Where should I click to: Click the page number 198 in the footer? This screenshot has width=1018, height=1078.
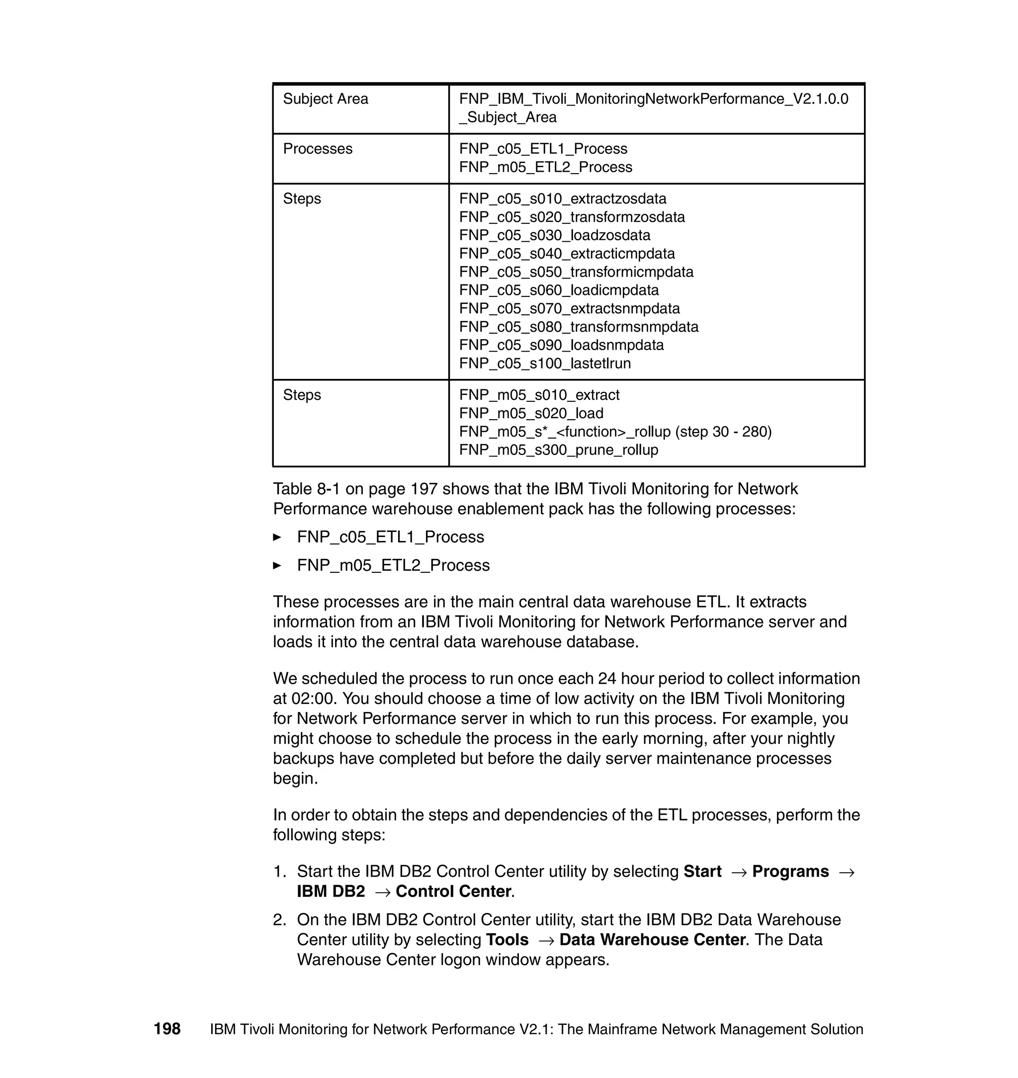167,1029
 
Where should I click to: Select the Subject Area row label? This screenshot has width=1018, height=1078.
325,99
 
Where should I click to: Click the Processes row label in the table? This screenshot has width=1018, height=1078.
318,149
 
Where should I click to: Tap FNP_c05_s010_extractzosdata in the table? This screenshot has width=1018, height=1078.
562,199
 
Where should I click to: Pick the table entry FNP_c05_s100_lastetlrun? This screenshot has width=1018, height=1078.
545,363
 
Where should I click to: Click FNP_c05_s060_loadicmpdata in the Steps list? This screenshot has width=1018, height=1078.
558,290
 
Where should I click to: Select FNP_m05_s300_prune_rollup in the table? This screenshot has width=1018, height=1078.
558,449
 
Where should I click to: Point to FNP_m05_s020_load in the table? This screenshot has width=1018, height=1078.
531,413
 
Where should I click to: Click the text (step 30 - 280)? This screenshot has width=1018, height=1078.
723,432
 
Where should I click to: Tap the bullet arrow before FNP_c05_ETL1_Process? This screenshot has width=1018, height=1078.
277,538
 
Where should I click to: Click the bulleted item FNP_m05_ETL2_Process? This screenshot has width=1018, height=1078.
393,565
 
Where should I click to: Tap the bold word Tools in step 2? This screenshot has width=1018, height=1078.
507,940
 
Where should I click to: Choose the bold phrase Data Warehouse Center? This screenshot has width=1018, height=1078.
652,940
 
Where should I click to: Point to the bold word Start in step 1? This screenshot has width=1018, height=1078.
702,871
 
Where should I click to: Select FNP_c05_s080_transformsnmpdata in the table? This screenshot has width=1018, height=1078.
579,327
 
